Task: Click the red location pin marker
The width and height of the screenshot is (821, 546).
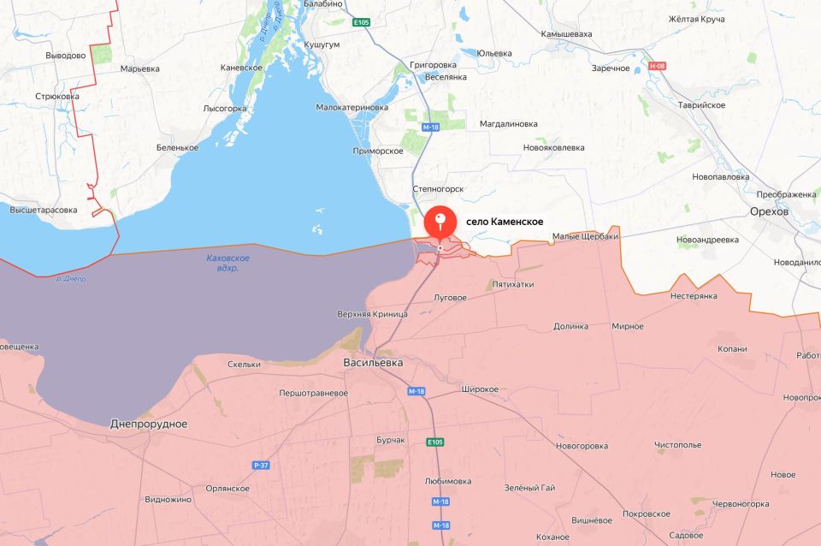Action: [440, 223]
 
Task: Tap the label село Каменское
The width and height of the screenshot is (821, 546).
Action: [505, 222]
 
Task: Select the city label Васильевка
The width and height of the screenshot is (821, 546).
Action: [373, 363]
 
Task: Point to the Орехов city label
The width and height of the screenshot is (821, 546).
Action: [769, 211]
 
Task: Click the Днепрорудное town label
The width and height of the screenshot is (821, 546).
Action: [149, 424]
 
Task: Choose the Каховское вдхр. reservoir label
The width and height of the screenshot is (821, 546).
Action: [228, 263]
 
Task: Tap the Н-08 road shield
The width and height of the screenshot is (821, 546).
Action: [657, 66]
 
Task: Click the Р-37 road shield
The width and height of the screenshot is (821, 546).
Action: [261, 465]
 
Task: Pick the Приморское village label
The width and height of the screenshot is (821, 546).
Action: [377, 151]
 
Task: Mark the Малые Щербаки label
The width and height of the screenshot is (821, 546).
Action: [585, 237]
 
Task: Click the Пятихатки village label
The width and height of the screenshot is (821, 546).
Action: [513, 284]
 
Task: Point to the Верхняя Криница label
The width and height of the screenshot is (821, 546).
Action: [372, 313]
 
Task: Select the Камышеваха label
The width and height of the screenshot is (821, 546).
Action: [566, 34]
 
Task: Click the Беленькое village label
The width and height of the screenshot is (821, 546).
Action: [177, 147]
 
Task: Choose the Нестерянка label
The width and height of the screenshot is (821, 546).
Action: [694, 296]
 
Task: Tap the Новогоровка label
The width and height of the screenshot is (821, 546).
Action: [582, 446]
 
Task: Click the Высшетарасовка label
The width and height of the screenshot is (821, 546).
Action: [44, 210]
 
